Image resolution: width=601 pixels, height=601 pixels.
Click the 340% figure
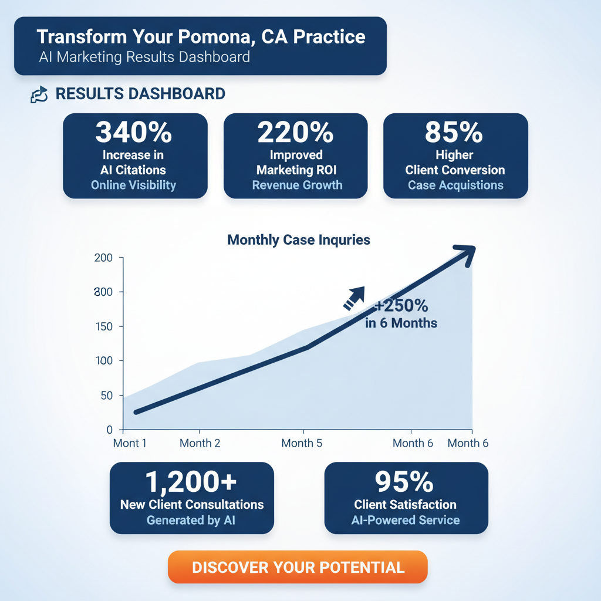134,133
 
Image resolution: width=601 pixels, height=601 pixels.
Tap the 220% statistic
296,133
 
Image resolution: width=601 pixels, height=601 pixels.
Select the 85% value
455,133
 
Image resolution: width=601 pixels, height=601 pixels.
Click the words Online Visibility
134,185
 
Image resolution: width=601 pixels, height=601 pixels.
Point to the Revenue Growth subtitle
297,185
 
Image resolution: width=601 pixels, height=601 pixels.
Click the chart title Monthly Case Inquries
298,240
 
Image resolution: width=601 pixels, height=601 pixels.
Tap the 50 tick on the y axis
106,396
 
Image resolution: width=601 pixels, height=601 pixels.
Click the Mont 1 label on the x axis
130,443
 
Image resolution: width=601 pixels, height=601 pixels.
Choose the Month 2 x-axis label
200,443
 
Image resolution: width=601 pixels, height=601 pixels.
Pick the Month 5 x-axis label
302,443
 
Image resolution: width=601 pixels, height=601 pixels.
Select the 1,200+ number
191,482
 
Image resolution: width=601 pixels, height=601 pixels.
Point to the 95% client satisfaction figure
405,482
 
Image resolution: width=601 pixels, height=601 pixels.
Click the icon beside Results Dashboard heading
39,94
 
